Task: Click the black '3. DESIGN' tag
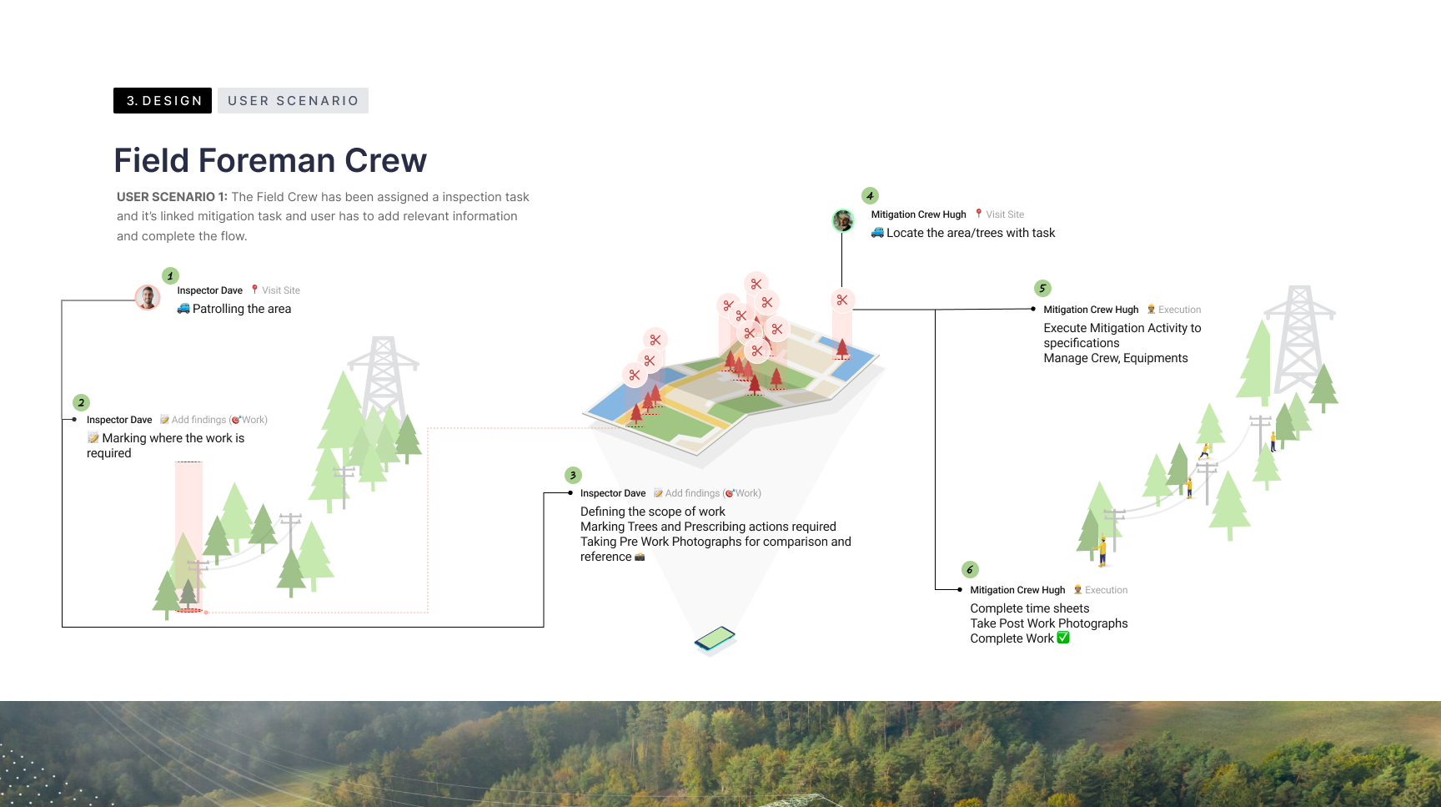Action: tap(163, 100)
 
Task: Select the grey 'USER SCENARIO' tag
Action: tap(293, 100)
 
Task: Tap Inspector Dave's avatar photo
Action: tap(148, 297)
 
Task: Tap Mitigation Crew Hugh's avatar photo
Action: tap(843, 220)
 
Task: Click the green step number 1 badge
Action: tap(170, 275)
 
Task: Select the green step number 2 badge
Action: tap(81, 402)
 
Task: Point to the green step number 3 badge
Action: tap(573, 475)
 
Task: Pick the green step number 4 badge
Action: tap(870, 195)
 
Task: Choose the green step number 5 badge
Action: tap(1042, 288)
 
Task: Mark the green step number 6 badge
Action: tap(970, 569)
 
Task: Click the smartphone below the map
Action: tap(715, 639)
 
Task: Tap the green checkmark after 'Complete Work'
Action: tap(1063, 638)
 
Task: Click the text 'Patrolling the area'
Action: tap(242, 309)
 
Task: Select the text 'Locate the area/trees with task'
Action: tap(971, 233)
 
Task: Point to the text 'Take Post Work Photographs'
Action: tap(1049, 623)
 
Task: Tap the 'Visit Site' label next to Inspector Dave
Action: tap(281, 290)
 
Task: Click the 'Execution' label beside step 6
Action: tap(1107, 590)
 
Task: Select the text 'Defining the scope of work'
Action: tap(653, 512)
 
